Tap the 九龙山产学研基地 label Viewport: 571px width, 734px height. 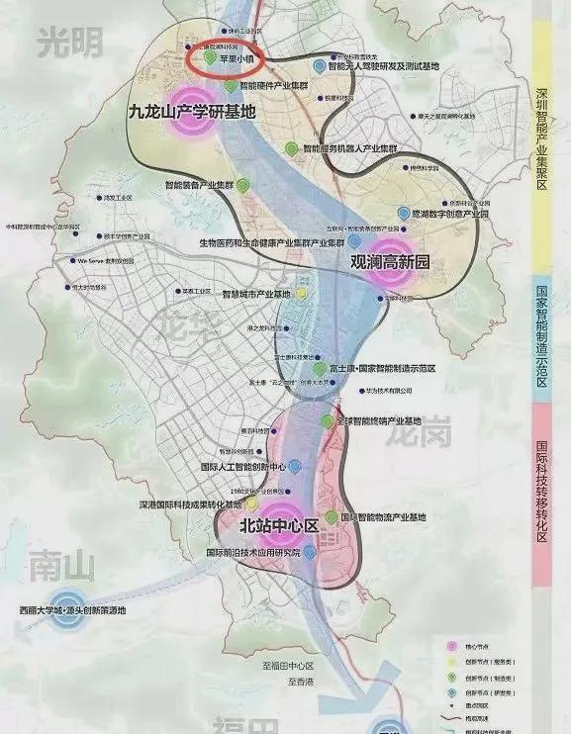click(192, 112)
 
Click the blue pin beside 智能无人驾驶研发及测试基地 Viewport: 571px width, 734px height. click(318, 65)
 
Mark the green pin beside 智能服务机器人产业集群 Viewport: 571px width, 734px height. click(289, 147)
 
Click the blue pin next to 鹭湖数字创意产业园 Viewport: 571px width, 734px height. click(402, 213)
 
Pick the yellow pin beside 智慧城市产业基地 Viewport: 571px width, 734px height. click(301, 294)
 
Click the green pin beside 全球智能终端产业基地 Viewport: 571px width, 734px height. click(328, 421)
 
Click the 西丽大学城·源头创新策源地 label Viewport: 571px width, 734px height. click(83, 610)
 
